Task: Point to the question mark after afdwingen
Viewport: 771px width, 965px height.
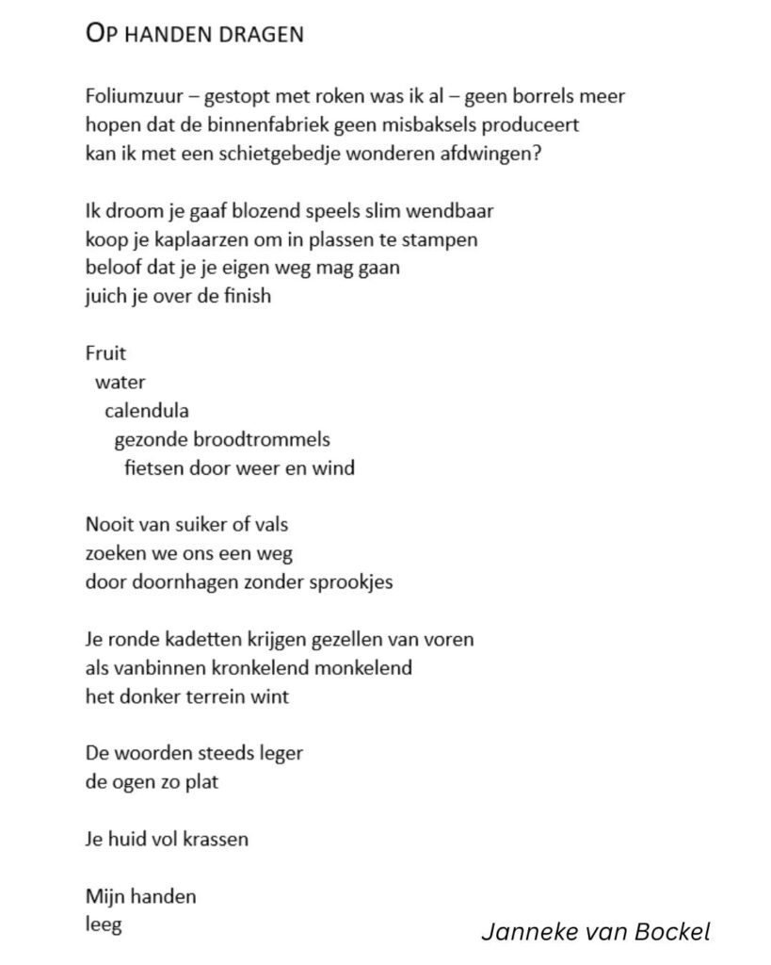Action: [537, 154]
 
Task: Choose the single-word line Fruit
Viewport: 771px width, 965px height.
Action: [105, 354]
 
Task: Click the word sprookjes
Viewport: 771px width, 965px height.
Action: [353, 581]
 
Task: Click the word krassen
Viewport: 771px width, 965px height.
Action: [217, 839]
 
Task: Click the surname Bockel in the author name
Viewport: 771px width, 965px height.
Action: [673, 933]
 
